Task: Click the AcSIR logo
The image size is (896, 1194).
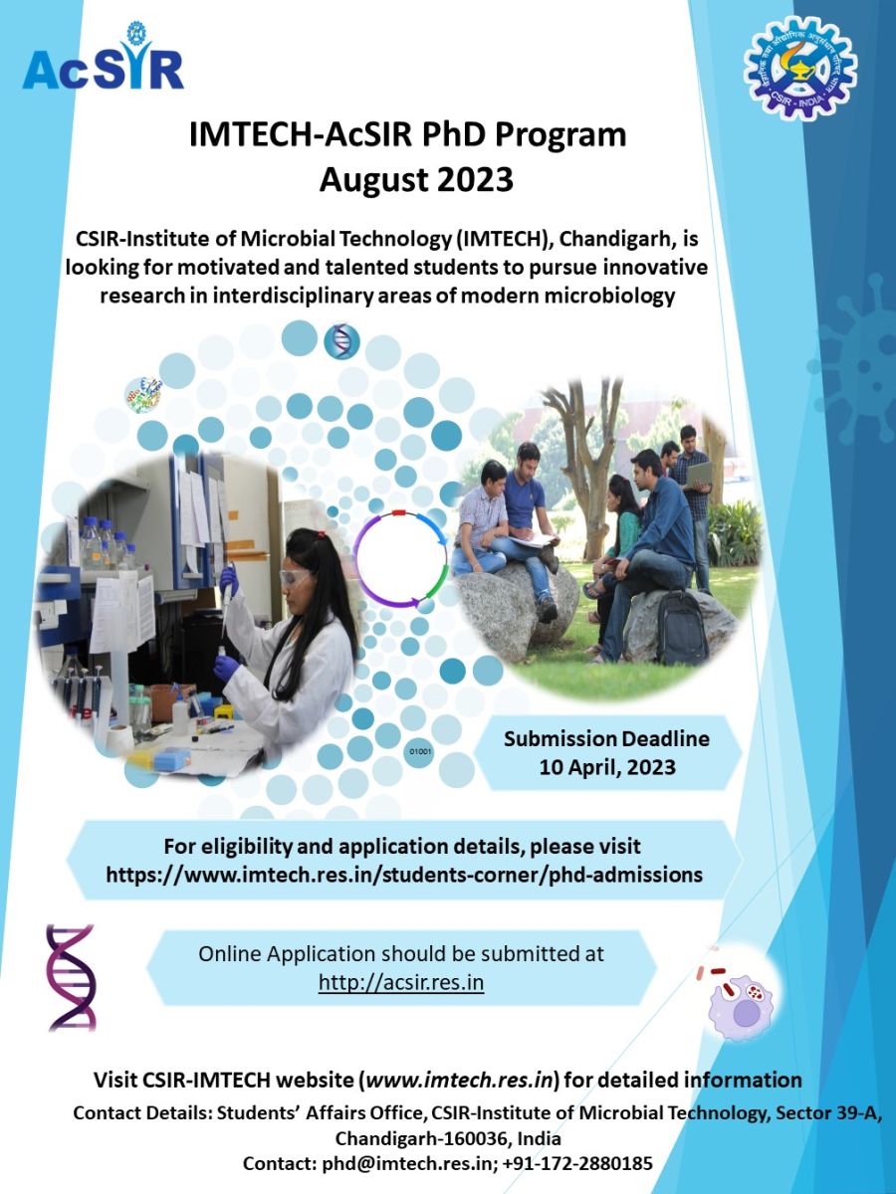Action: coord(103,57)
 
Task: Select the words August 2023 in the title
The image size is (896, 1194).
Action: coord(416,180)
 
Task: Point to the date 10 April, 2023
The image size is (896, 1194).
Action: coord(607,767)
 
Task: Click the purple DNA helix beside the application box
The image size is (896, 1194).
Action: coord(72,978)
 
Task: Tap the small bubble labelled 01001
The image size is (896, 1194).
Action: coord(419,752)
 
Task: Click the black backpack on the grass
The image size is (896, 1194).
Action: coord(682,626)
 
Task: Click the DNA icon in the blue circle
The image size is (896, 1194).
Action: coord(341,340)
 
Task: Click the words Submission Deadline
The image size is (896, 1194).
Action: coord(606,738)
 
